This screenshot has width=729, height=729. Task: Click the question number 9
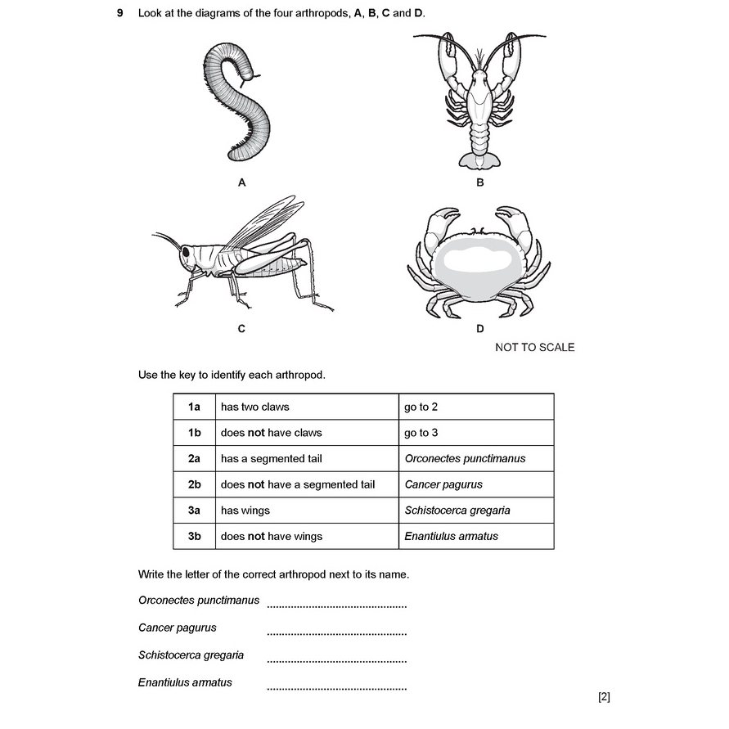coord(119,14)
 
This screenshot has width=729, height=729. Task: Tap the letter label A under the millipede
coord(241,183)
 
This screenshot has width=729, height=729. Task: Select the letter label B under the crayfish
coord(480,182)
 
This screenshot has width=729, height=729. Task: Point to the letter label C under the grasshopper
coord(241,329)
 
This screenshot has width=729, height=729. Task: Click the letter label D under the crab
coord(480,329)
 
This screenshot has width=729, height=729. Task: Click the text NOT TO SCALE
coord(534,348)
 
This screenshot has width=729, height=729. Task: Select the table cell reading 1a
coord(194,407)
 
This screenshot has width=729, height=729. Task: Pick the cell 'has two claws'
coord(255,407)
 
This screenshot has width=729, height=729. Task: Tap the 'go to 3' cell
coord(421,433)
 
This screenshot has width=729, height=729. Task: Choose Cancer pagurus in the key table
coord(443,484)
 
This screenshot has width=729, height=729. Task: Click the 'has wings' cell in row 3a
coord(245,511)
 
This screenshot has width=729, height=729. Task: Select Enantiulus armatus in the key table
coord(451,537)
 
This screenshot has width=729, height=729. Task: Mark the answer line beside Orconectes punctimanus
coord(336,605)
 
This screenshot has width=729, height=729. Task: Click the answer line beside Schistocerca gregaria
coord(336,660)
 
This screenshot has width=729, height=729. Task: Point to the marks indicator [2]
coord(604,697)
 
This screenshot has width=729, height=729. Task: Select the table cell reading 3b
coord(194,537)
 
